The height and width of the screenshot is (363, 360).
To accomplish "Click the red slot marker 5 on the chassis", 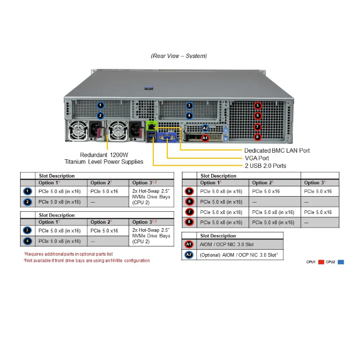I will (258, 106).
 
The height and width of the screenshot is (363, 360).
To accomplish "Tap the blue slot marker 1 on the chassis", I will (100, 105).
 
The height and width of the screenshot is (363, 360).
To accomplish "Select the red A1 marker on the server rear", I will (205, 138).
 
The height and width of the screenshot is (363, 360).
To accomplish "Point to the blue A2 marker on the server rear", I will (205, 128).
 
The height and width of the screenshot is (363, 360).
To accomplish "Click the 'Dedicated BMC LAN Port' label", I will (277, 150).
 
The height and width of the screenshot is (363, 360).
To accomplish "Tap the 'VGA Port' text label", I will (258, 158).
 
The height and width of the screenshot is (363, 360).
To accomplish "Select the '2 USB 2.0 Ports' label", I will (265, 165).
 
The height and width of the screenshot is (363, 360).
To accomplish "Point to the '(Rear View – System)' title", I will (179, 56).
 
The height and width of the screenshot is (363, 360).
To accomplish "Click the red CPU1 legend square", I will (321, 262).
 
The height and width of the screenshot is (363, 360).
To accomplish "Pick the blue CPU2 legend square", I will (341, 262).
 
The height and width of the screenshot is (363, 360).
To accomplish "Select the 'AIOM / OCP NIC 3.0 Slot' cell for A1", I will (227, 245).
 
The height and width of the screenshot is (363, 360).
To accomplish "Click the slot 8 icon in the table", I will (189, 222).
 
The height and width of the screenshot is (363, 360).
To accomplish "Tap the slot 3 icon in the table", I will (28, 230).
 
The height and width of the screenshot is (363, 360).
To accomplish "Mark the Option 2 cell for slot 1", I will (108, 191).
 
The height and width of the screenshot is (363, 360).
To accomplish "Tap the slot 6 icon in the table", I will (189, 202).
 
